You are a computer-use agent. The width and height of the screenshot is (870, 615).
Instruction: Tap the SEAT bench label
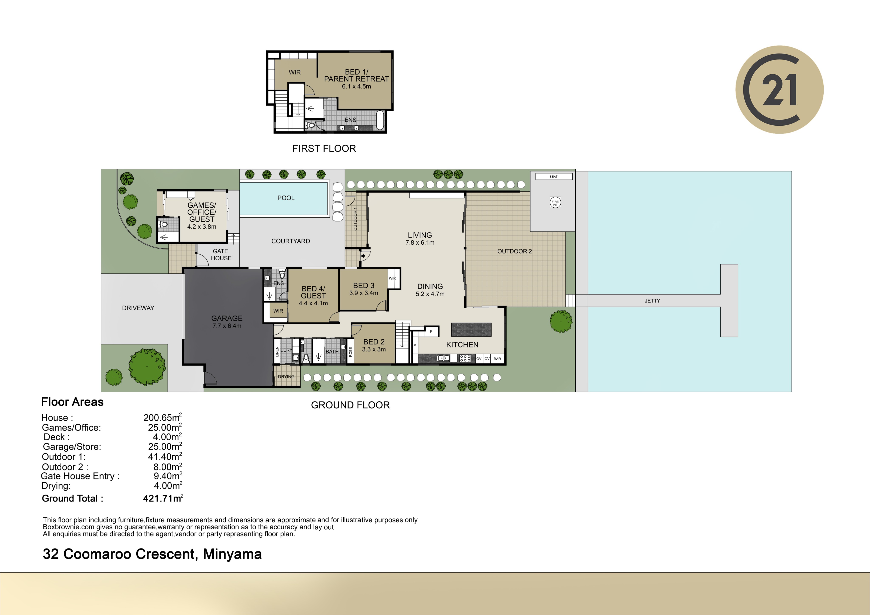click(x=554, y=177)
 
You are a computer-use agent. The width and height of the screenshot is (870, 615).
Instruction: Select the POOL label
click(x=286, y=198)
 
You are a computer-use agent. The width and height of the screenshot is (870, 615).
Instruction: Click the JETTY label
click(x=652, y=301)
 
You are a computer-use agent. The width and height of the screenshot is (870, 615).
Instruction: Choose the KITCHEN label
click(x=462, y=345)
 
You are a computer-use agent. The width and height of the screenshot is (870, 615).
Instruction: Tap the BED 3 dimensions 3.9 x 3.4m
click(x=364, y=293)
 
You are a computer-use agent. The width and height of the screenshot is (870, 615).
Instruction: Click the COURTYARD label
click(x=291, y=241)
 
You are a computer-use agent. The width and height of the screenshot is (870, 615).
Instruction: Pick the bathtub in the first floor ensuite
click(x=380, y=120)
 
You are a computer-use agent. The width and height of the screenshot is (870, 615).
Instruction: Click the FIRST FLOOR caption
click(x=324, y=149)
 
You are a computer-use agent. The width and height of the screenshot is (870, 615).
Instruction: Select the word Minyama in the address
click(x=232, y=554)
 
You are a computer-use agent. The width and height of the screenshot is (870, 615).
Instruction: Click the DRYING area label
click(x=286, y=377)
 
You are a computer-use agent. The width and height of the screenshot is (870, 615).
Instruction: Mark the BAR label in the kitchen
click(x=497, y=359)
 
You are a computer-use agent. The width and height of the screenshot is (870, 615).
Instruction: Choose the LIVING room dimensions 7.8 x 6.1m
click(x=420, y=243)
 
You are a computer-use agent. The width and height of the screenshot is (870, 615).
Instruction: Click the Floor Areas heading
click(x=72, y=402)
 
